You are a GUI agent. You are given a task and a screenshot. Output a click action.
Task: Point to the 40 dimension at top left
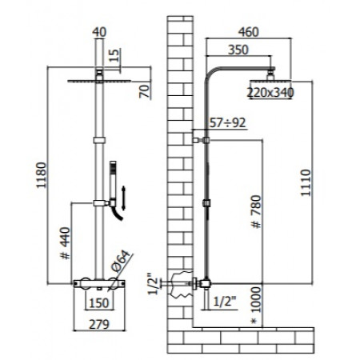98,33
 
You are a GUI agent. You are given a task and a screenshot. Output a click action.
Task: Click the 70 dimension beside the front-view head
145,88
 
